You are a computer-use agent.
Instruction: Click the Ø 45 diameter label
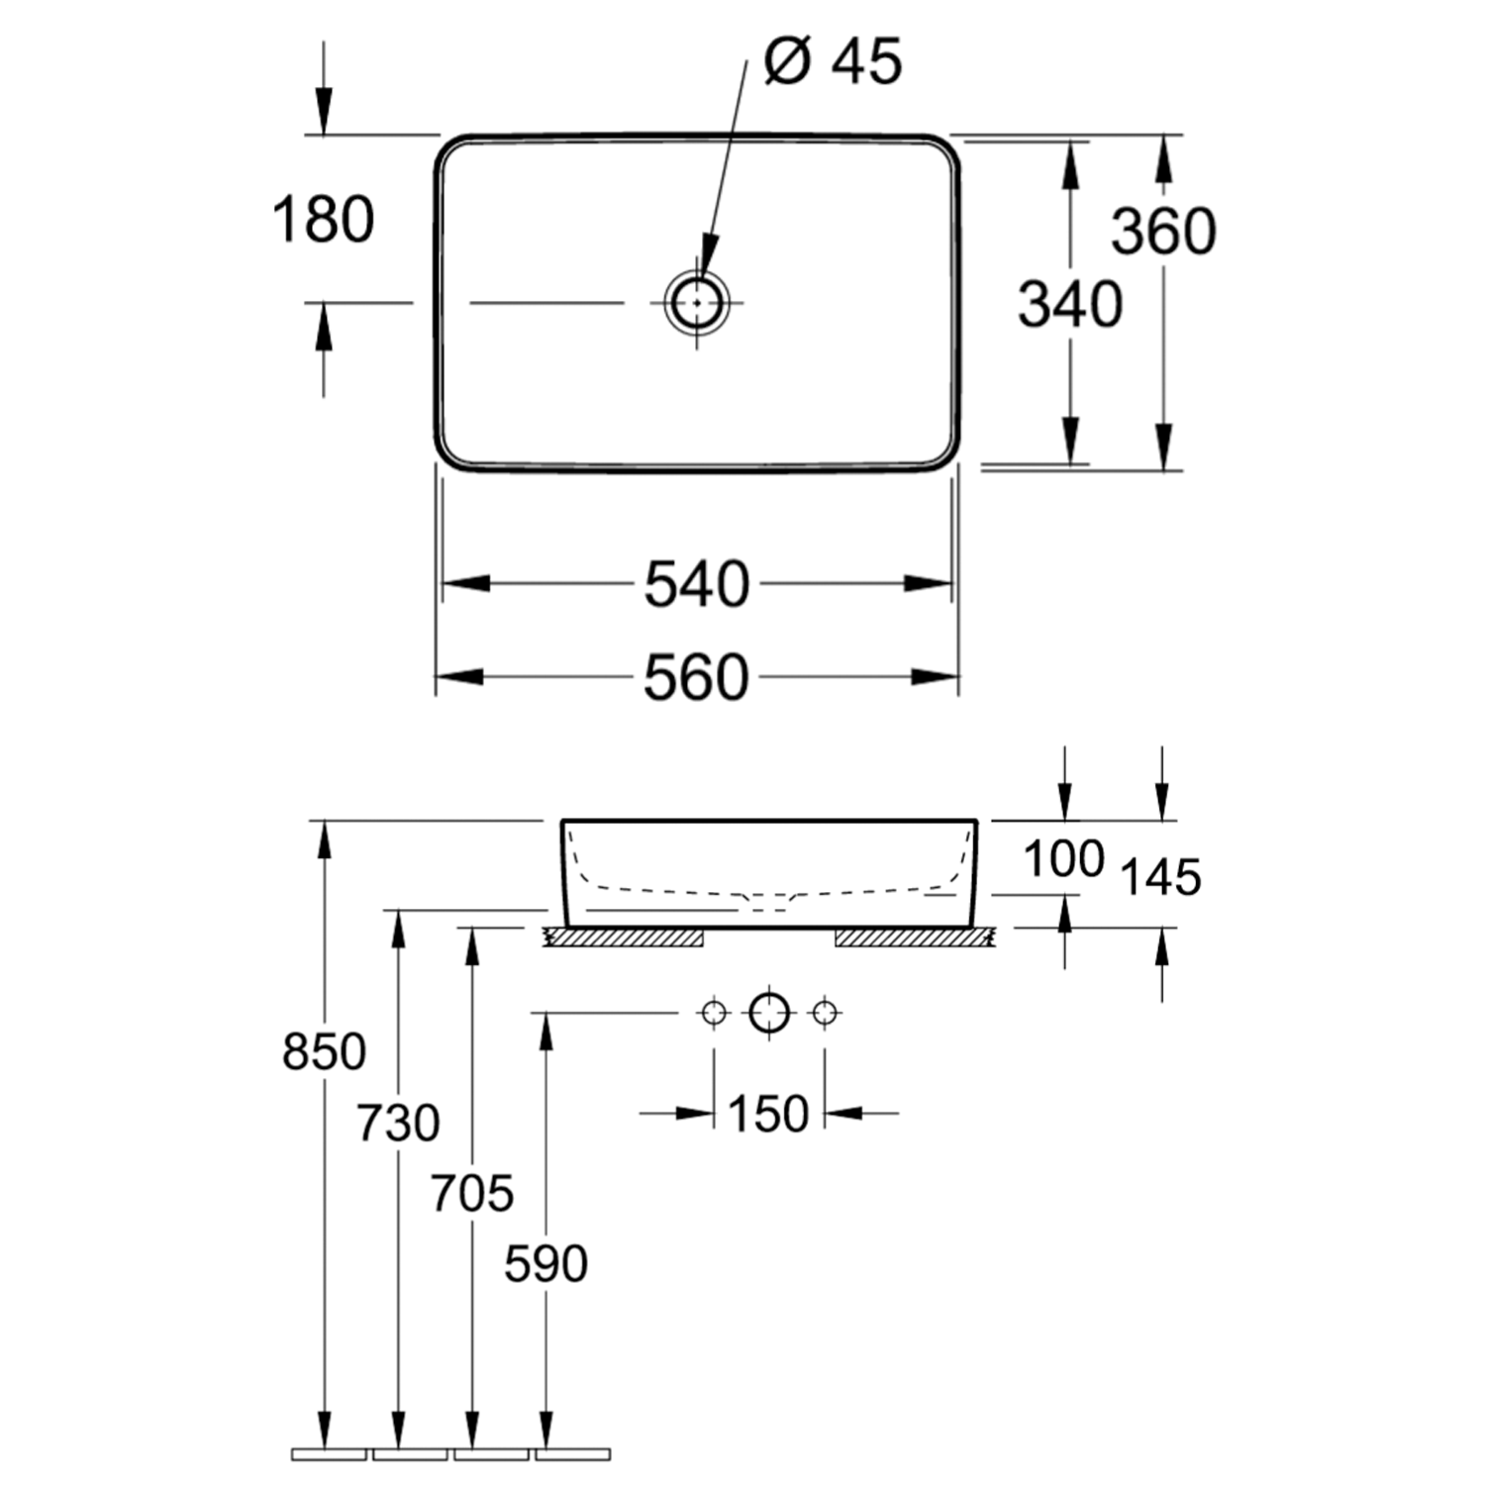click(x=833, y=61)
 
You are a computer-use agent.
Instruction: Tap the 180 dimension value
click(x=323, y=219)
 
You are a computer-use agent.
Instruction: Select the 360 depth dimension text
click(x=1163, y=232)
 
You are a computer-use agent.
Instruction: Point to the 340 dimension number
click(x=1070, y=304)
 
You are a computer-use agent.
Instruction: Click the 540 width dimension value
click(x=697, y=584)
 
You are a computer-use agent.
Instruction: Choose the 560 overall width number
click(x=696, y=678)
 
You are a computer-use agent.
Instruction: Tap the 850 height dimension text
click(x=324, y=1051)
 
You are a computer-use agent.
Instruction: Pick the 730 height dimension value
click(x=398, y=1124)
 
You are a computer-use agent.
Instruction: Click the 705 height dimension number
click(x=472, y=1193)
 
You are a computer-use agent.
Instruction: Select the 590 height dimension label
click(x=545, y=1264)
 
